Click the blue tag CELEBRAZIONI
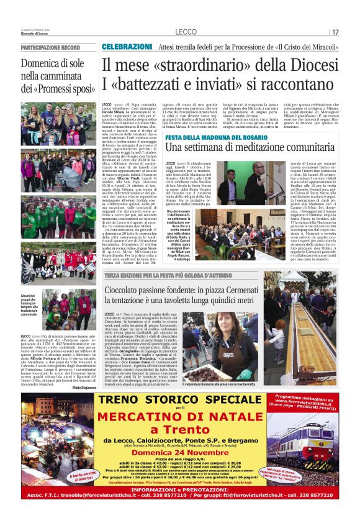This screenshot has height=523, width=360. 127,47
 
